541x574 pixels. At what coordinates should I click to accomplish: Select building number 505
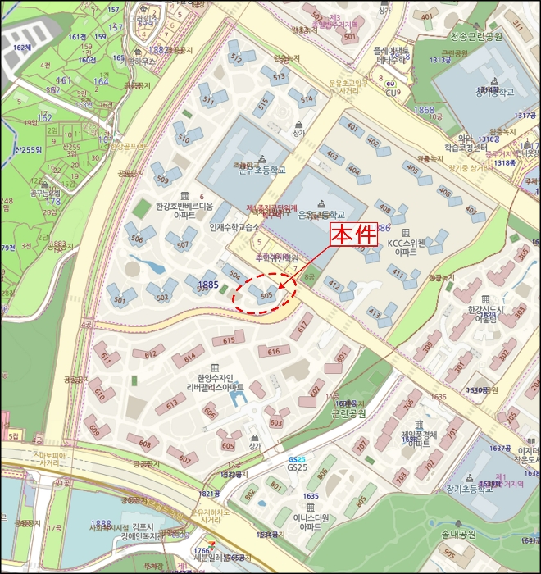coord(266,295)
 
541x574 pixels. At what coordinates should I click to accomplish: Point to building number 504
coord(234,275)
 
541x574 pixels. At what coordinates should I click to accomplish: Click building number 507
coord(182,244)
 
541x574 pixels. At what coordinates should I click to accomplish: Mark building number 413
coord(374,312)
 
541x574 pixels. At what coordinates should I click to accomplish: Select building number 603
coord(275,422)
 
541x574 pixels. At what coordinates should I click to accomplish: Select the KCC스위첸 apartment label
coord(407,247)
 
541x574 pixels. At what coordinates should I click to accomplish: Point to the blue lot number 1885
coord(208,285)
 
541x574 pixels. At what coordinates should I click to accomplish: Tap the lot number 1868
coord(425,110)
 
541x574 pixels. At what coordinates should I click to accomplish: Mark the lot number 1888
coord(102,522)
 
